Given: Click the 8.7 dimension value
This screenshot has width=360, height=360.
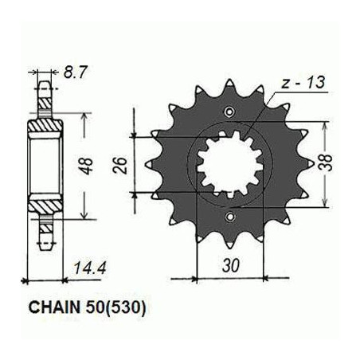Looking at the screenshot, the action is [75, 72].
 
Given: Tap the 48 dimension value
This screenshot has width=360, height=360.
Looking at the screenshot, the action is [88, 166].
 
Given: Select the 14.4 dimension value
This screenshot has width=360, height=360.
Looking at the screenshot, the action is [90, 268].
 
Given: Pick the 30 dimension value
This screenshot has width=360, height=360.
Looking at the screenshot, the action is [230, 265].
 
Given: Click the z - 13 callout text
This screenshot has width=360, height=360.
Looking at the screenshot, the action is [303, 82].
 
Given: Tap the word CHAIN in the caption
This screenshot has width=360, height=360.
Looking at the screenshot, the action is [54, 307].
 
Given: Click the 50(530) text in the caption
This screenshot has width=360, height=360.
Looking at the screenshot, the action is [115, 308].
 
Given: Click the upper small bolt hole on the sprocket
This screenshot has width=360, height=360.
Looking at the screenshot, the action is [229, 112].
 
